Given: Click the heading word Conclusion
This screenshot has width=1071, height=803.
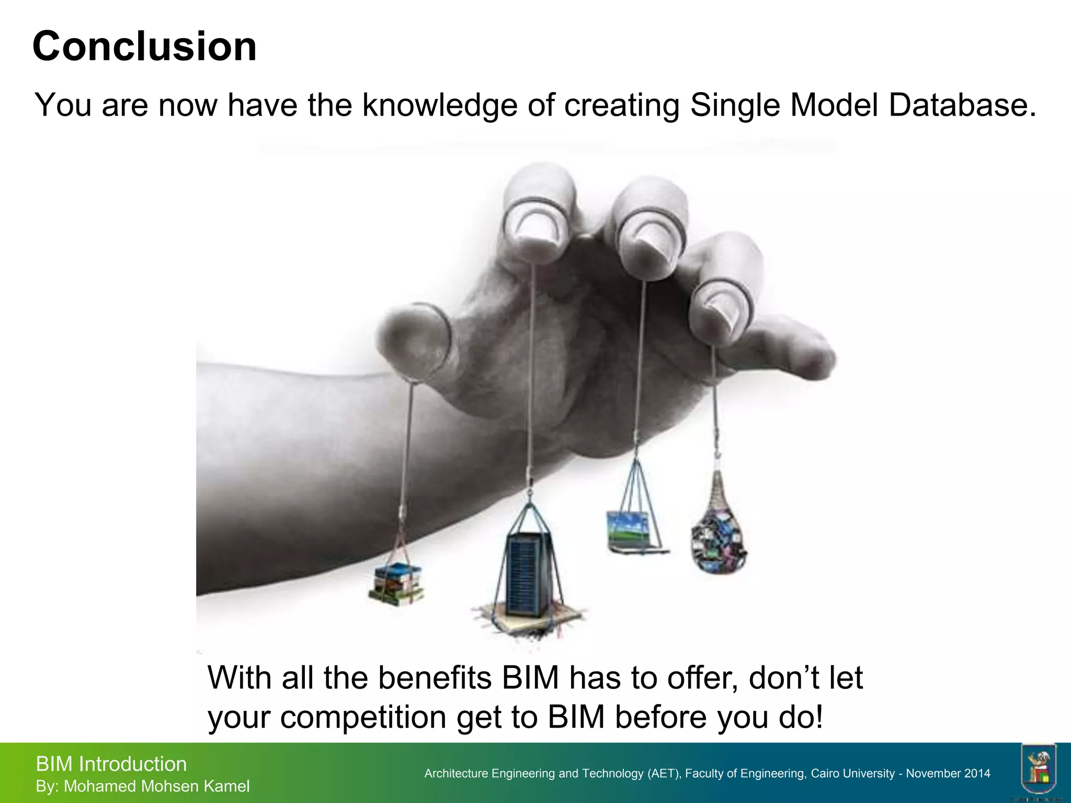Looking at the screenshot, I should point(144,47).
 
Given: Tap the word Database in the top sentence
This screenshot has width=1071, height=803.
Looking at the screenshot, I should point(962,105).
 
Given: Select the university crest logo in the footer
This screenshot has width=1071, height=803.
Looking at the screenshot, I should point(1038,768).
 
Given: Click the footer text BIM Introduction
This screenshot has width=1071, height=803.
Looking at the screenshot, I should point(111,764).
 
